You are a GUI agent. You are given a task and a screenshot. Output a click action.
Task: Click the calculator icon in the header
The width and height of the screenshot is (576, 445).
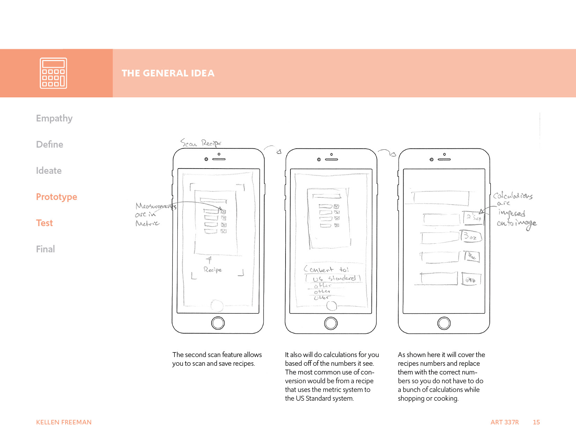point(53,73)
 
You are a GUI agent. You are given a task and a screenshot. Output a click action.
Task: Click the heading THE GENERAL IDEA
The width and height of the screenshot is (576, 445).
point(168,73)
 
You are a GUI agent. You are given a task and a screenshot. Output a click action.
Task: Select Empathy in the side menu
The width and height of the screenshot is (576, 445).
point(54,118)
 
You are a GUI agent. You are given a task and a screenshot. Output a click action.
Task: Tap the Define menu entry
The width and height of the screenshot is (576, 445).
point(50,144)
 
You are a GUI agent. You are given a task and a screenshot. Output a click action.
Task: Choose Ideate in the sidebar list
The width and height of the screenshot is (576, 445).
point(49,171)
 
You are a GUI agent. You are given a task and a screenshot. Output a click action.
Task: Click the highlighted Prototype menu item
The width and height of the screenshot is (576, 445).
point(57,197)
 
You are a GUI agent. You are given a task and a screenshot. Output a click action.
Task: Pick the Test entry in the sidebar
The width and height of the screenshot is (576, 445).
point(44,223)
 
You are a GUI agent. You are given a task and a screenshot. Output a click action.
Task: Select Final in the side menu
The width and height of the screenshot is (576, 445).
point(45,249)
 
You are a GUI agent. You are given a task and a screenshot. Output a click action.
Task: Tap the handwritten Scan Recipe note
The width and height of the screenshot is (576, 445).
point(201,143)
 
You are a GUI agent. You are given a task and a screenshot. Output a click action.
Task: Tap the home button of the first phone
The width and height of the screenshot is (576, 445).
point(218,323)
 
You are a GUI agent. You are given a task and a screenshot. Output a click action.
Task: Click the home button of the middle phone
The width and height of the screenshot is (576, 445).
point(331,323)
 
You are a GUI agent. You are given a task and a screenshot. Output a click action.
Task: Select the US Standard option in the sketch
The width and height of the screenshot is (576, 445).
point(333,279)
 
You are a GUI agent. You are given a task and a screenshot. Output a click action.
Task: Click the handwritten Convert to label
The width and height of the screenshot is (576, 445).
point(326,269)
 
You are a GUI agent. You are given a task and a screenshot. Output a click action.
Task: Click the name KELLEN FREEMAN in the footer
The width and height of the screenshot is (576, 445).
point(64,422)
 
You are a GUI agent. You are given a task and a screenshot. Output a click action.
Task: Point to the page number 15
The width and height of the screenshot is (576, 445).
point(536,422)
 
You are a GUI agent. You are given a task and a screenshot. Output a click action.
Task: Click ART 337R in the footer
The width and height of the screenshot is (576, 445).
point(504,422)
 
